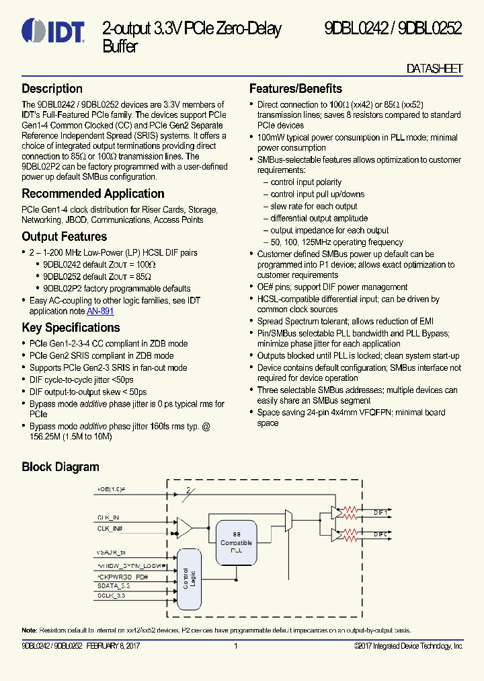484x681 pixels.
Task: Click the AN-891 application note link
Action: point(100,311)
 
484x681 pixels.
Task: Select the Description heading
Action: point(52,89)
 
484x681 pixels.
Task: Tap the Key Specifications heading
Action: point(71,328)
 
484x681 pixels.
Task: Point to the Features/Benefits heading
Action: point(296,89)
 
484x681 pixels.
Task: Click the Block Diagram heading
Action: point(61,467)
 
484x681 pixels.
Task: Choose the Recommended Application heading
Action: point(93,194)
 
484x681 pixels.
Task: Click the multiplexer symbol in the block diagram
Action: point(288,519)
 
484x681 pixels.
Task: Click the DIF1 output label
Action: point(381,512)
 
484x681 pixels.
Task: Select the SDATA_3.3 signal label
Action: point(114,586)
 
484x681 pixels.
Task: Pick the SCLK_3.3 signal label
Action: point(112,596)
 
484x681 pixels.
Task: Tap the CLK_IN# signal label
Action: point(111,529)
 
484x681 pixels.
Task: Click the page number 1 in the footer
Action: point(236,646)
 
